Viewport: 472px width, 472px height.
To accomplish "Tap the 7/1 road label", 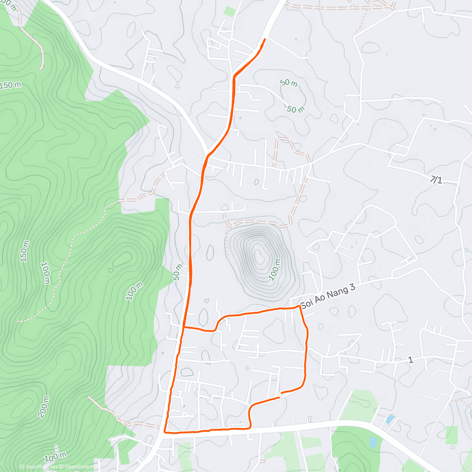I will point(436,180).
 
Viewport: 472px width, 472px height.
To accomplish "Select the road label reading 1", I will point(411,360).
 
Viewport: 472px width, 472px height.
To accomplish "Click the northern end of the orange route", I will point(265,39).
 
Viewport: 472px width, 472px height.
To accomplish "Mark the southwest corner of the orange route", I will point(165,432).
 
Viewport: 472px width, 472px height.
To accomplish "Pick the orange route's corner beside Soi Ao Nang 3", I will point(300,306).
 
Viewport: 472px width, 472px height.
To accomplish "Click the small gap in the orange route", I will point(280,395).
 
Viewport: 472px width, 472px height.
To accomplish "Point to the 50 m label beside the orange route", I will point(178,272).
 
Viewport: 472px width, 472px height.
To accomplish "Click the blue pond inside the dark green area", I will point(373,442).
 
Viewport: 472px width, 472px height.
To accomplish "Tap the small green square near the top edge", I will point(230,11).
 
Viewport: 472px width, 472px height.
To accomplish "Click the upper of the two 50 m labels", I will point(289,83).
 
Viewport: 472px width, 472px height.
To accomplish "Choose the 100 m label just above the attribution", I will point(55,457).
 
